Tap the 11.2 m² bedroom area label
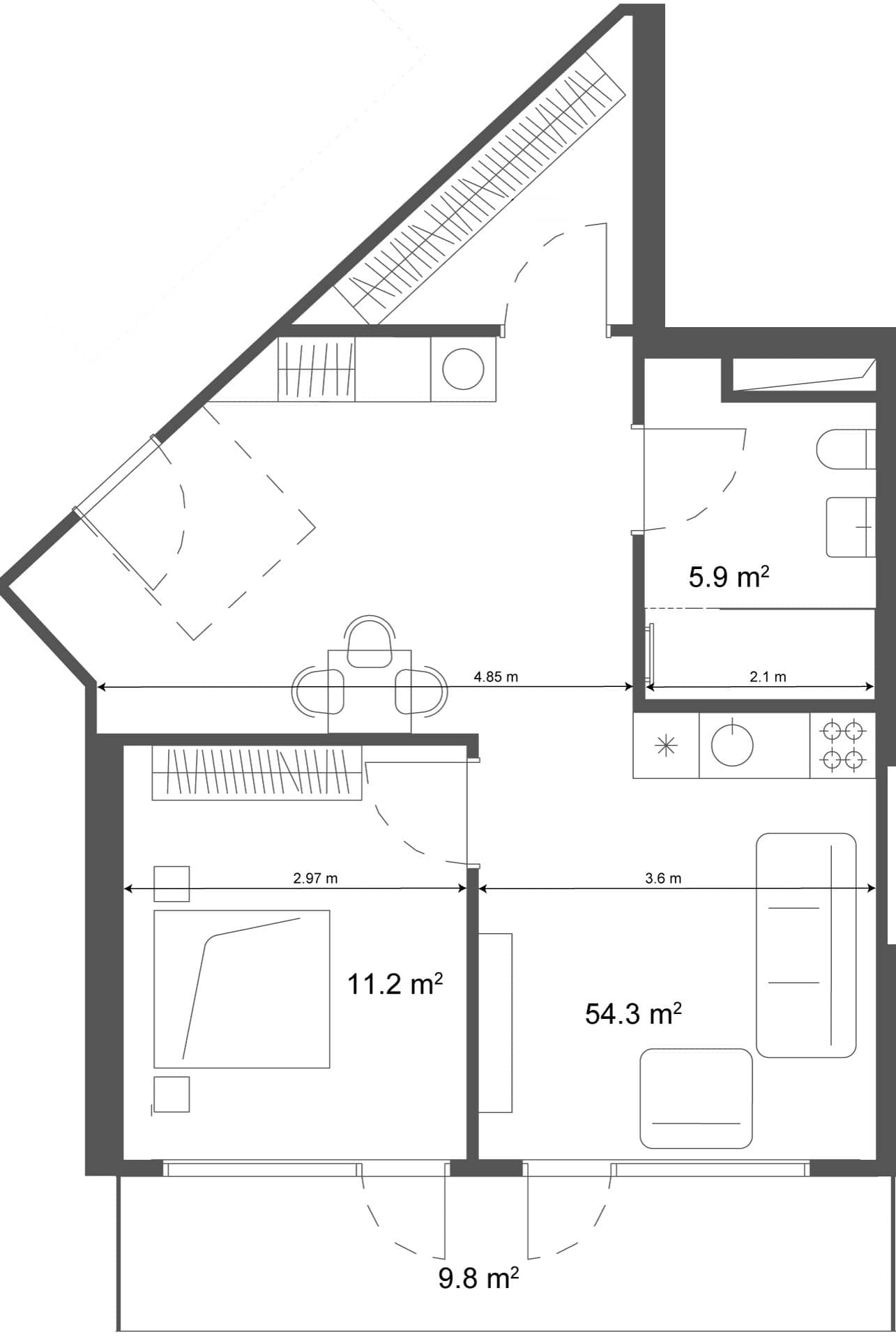point(395,985)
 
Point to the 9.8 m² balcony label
point(478,1278)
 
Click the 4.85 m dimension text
point(496,676)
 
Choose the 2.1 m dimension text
point(768,676)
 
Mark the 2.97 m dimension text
point(315,878)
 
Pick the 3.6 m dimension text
point(663,878)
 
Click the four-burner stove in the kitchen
point(842,745)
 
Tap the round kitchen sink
point(732,745)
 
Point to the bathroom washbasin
point(850,527)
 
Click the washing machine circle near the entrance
point(464,369)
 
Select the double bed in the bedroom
point(241,988)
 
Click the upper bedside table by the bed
point(172,883)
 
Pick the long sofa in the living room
point(805,945)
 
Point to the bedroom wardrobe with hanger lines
point(257,773)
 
